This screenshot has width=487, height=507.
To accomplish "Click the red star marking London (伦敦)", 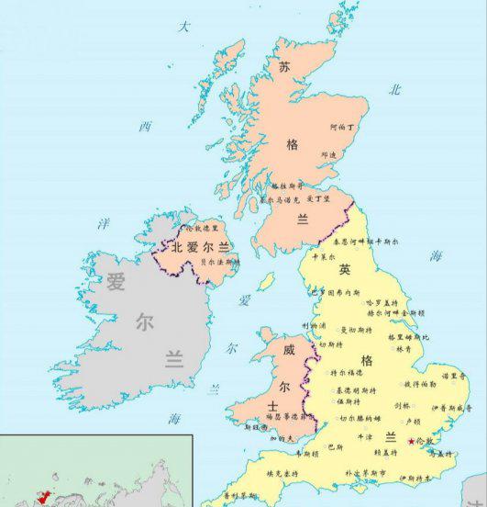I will coord(410,441).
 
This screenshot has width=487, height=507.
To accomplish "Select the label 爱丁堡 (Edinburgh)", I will coord(318,197).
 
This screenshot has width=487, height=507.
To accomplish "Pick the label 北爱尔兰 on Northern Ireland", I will coord(200,246).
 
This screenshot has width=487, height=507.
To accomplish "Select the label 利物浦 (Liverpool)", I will coord(314,325).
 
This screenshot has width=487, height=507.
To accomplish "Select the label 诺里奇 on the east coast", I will coord(450,375).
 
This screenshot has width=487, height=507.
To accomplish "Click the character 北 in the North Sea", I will coord(395,89).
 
